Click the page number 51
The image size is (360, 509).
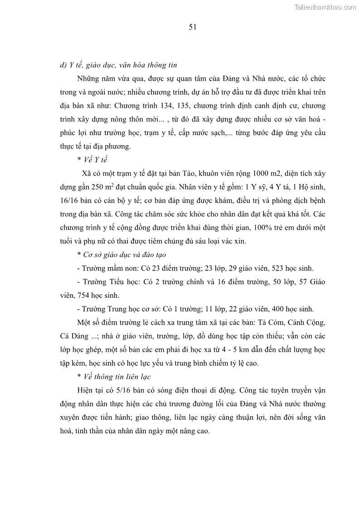pyautogui.click(x=192, y=27)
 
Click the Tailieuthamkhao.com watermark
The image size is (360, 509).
pyautogui.click(x=326, y=7)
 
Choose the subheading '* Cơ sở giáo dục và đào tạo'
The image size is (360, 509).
pyautogui.click(x=122, y=255)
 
